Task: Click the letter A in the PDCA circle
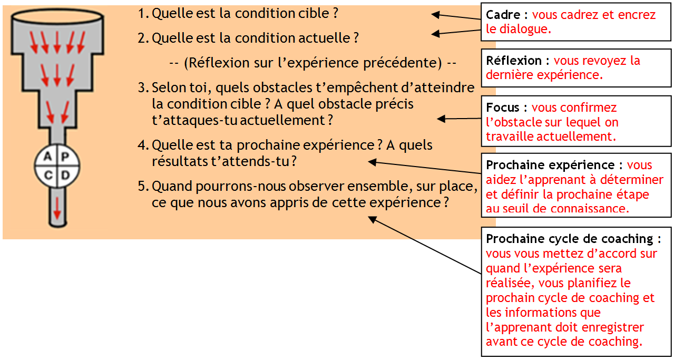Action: click(x=48, y=157)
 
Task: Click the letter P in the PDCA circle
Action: click(x=65, y=157)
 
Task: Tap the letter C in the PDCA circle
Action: click(x=48, y=175)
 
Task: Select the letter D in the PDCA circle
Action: click(x=65, y=175)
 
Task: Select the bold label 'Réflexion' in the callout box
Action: click(x=513, y=61)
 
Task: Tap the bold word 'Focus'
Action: click(x=502, y=108)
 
